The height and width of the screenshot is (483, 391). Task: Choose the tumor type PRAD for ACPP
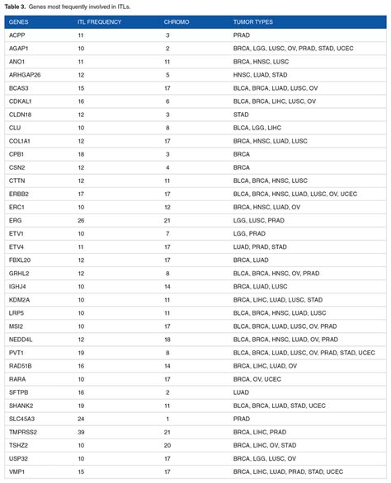pos(241,35)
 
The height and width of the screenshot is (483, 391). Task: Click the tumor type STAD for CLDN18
pos(241,114)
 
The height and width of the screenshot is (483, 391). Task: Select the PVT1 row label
pos(16,353)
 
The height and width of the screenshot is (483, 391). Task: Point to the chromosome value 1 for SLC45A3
pos(167,419)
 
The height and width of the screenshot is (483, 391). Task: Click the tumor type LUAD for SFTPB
pos(241,392)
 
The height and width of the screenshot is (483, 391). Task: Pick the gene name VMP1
pos(16,471)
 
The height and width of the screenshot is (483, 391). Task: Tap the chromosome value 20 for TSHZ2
pos(167,445)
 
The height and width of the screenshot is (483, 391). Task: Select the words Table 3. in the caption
pos(17,7)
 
